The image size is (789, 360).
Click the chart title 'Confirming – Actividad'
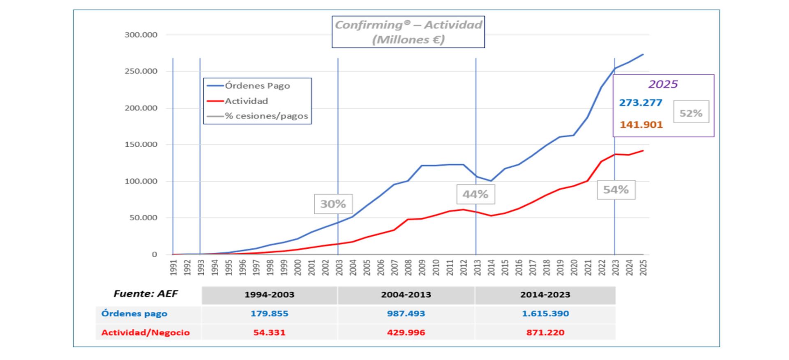tap(408, 32)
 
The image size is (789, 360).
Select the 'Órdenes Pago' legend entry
tap(257, 86)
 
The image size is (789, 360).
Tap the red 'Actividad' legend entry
tap(246, 101)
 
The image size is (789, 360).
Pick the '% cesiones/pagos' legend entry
tap(266, 116)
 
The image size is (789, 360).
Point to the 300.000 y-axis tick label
tap(141, 35)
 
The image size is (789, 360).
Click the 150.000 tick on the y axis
tap(141, 145)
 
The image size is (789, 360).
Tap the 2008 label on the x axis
tap(408, 267)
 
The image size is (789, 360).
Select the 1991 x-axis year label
tap(173, 267)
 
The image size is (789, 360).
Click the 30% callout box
tap(333, 204)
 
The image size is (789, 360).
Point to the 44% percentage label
tap(475, 194)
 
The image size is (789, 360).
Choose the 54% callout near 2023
tap(616, 190)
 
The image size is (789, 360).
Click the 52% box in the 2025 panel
tap(691, 113)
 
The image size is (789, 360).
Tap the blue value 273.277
tap(641, 103)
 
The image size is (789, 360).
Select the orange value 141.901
tap(641, 125)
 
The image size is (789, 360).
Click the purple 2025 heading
tap(663, 84)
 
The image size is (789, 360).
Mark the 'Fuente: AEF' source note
tap(146, 294)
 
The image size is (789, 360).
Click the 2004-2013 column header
tap(406, 295)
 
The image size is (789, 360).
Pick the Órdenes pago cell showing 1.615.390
tap(545, 314)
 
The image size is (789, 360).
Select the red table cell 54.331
tap(269, 332)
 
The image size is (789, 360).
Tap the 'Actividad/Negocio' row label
tap(145, 332)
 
